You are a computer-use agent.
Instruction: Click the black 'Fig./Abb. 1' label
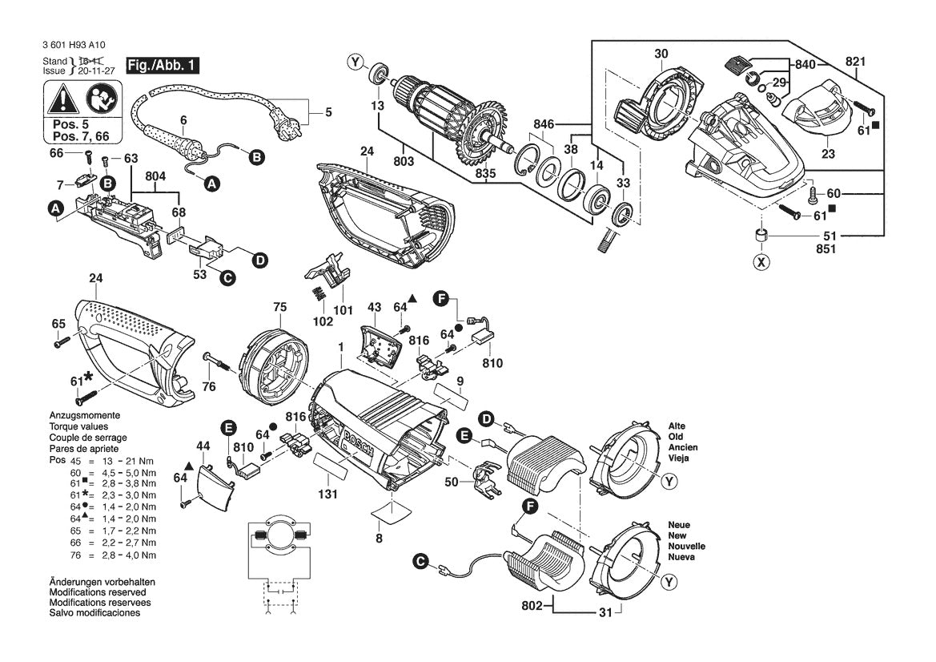(x=163, y=66)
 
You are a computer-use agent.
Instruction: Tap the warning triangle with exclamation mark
(x=61, y=101)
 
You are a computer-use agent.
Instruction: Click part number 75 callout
(x=279, y=306)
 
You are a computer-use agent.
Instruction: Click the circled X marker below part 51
(x=761, y=261)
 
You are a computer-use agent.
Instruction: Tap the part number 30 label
(x=661, y=54)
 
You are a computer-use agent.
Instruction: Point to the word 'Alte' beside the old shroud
(x=677, y=426)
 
